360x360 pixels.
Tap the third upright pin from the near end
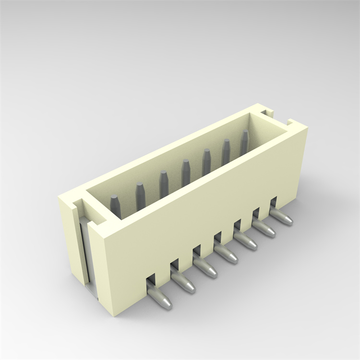click(x=164, y=182)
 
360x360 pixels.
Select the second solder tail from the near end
click(x=183, y=284)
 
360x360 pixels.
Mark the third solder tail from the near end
click(x=206, y=269)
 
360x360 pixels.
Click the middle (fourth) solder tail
click(x=226, y=255)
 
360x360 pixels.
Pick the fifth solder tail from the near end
click(x=246, y=242)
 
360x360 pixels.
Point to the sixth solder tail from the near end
click(x=264, y=229)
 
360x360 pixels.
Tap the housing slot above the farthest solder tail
click(x=273, y=202)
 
